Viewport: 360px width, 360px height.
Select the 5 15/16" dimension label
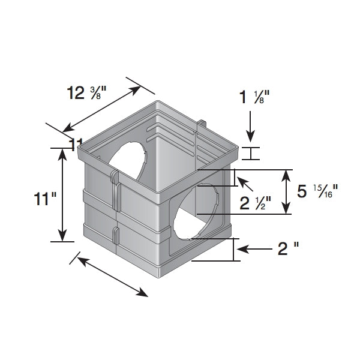[318, 191]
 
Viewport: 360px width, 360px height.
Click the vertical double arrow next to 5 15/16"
[287, 192]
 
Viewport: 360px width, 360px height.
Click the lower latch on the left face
[116, 240]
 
